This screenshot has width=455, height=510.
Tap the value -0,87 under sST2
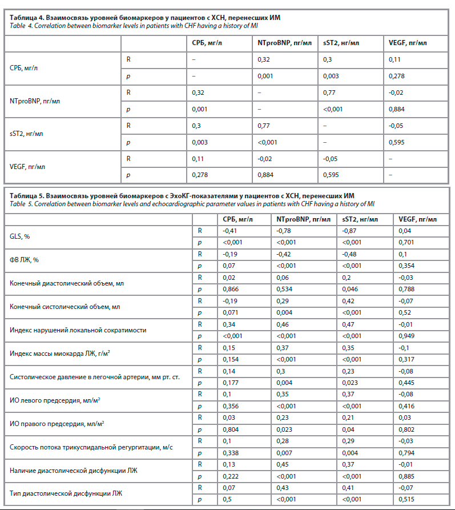[349, 231]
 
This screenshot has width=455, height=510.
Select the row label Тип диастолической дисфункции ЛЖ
[66, 493]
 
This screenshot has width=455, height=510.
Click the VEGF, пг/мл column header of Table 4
[408, 43]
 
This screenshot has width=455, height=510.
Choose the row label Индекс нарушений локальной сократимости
[78, 330]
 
